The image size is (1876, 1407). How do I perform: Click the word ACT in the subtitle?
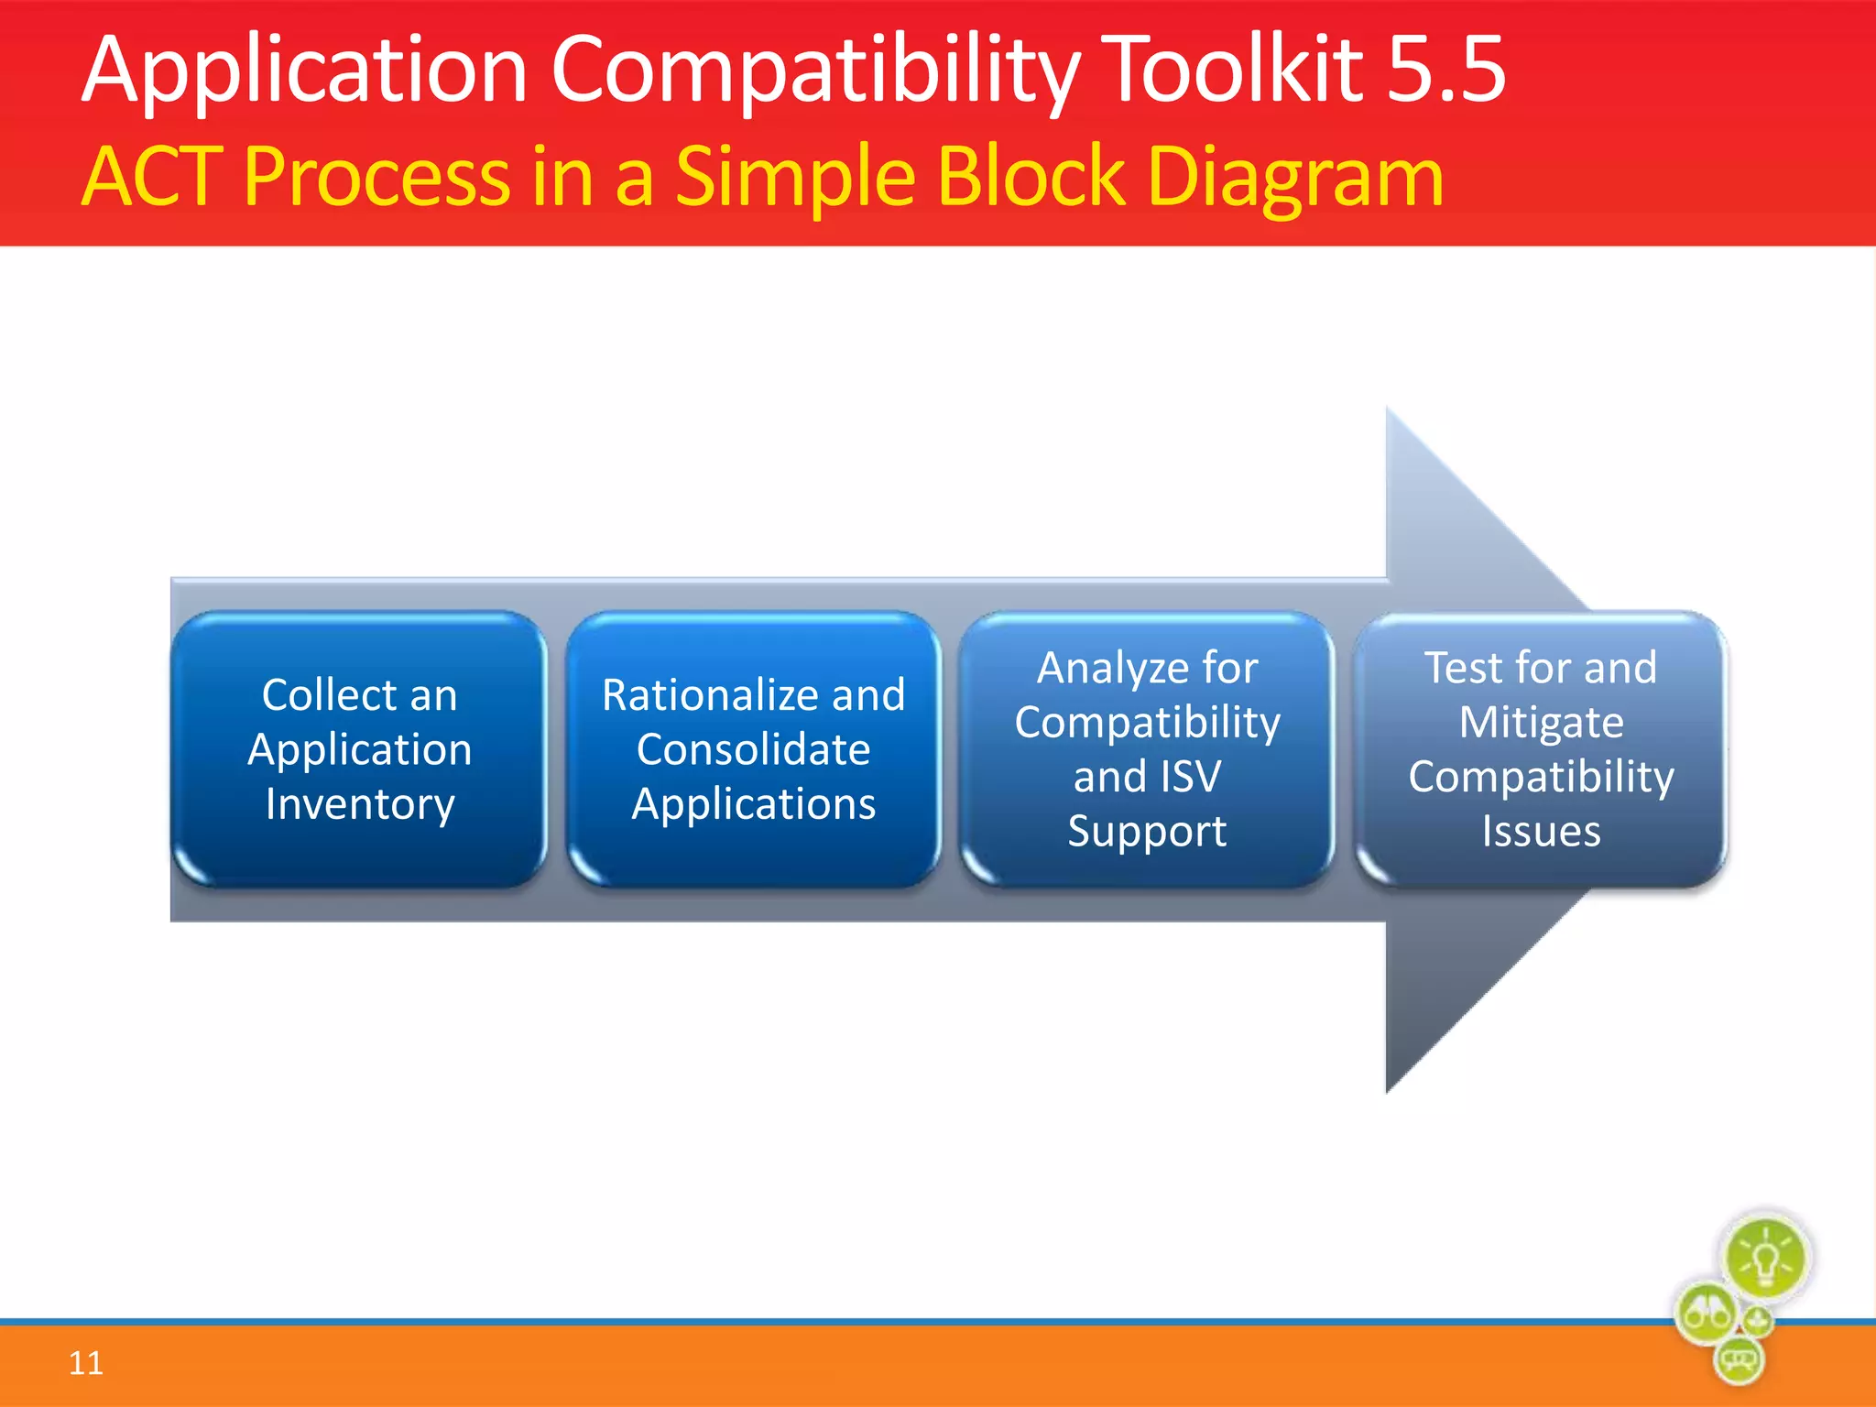click(x=153, y=176)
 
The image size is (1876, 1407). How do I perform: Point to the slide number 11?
click(x=86, y=1363)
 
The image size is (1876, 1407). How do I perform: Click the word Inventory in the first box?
click(x=360, y=805)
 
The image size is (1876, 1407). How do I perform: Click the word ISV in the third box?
click(x=1191, y=777)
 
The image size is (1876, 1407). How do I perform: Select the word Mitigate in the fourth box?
click(x=1541, y=722)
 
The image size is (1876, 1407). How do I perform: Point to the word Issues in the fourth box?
click(x=1541, y=832)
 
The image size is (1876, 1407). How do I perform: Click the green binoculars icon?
click(x=1705, y=1314)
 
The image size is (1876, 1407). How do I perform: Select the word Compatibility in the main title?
click(x=815, y=71)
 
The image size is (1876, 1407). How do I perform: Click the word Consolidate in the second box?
click(x=753, y=749)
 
